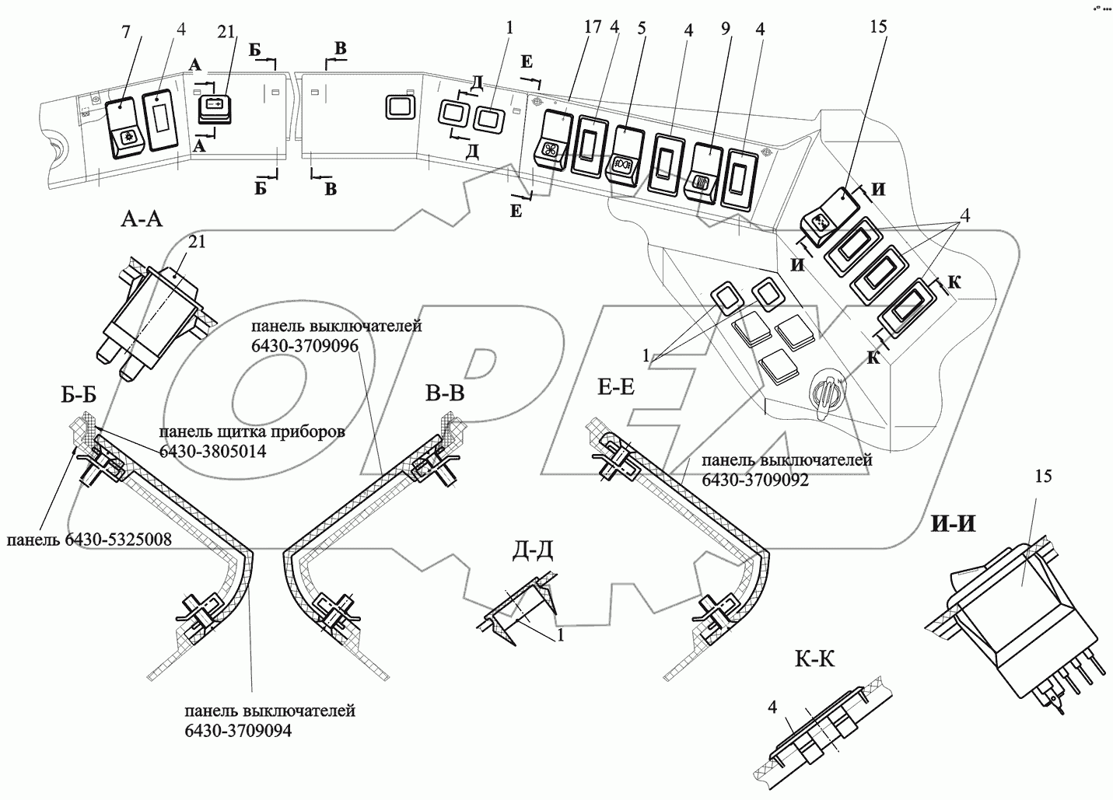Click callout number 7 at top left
tap(126, 32)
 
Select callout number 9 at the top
tap(726, 30)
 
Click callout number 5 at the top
tap(642, 28)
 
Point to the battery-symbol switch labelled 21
tap(215, 109)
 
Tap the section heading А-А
tap(142, 219)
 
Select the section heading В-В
tap(445, 393)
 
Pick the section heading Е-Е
tap(616, 387)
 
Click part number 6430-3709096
tap(305, 346)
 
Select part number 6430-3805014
tap(212, 451)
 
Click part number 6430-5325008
tap(117, 540)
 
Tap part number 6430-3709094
tap(238, 731)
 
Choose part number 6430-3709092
tap(755, 480)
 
